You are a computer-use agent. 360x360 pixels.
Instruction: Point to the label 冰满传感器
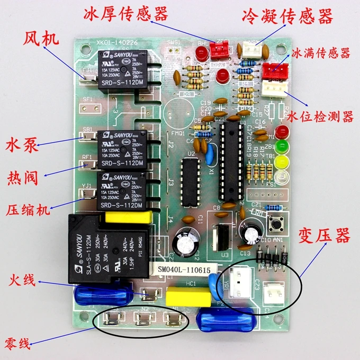321,53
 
